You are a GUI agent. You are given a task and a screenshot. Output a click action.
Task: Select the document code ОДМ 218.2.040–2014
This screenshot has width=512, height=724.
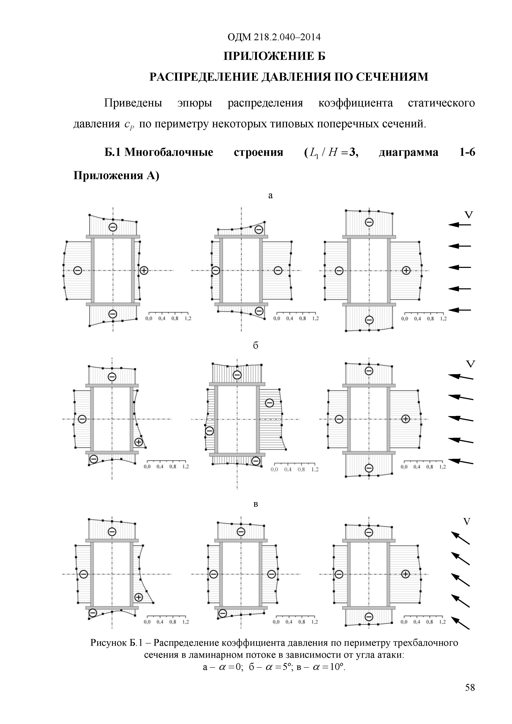[x=274, y=37]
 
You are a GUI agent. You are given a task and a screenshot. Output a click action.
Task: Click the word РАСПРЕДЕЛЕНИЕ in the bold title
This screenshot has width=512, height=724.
[x=205, y=77]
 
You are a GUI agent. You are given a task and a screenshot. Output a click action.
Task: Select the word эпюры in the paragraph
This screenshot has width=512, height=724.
[x=195, y=103]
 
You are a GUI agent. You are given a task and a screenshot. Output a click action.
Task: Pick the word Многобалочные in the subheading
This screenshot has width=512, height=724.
[x=169, y=152]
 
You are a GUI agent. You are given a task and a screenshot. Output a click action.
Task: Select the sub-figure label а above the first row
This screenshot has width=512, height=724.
[x=270, y=195]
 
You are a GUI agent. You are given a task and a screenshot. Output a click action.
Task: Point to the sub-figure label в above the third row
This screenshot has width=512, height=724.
[x=256, y=504]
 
